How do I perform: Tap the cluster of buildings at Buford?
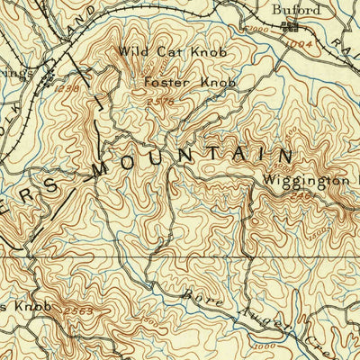tap(291, 28)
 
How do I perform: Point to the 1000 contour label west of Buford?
tap(261, 31)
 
